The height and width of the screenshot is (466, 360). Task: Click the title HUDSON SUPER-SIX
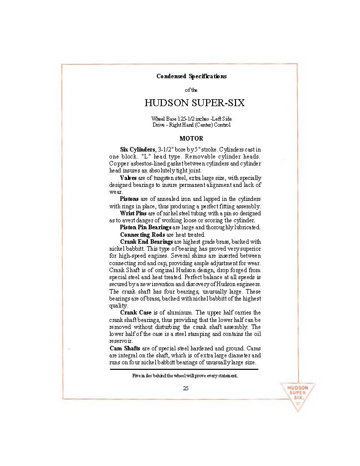(194, 103)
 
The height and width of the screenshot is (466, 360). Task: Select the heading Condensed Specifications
(191, 76)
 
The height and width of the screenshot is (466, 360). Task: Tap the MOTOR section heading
(191, 138)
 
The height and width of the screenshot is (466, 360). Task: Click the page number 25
(186, 388)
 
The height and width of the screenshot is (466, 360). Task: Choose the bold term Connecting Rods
(141, 234)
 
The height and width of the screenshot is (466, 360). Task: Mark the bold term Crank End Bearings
(146, 241)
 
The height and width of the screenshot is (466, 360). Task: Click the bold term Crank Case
(136, 312)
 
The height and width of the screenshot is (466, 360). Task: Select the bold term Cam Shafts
(124, 348)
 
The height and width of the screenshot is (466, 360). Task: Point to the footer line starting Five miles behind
(185, 375)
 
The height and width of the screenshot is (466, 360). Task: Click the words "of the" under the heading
(191, 90)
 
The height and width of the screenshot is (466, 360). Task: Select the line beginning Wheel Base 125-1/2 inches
(191, 119)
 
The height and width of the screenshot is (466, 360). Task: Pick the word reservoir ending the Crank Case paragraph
(120, 341)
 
